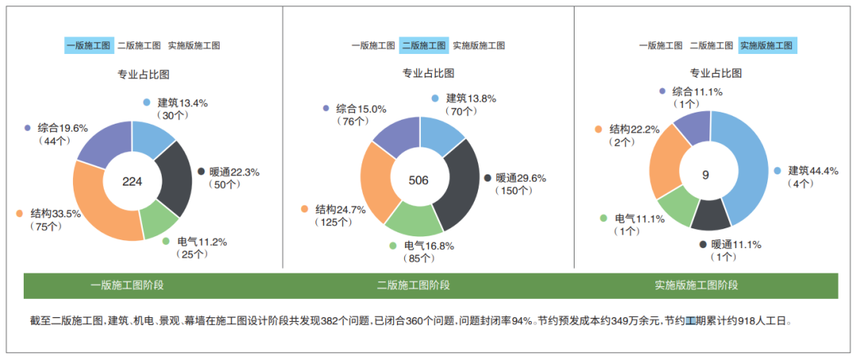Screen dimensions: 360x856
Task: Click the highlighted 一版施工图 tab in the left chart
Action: [88, 45]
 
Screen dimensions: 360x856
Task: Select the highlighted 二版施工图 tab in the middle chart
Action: [423, 45]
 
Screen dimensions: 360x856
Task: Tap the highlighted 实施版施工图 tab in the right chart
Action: [766, 45]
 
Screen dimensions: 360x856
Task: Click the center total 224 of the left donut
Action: [132, 182]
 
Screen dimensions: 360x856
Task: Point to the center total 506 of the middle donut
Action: [418, 180]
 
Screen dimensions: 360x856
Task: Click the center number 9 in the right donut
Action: [705, 174]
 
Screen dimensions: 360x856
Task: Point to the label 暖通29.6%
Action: [521, 178]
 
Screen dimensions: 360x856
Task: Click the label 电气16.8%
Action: [429, 246]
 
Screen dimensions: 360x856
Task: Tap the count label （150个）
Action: [516, 191]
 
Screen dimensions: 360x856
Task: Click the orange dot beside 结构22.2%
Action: [598, 129]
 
